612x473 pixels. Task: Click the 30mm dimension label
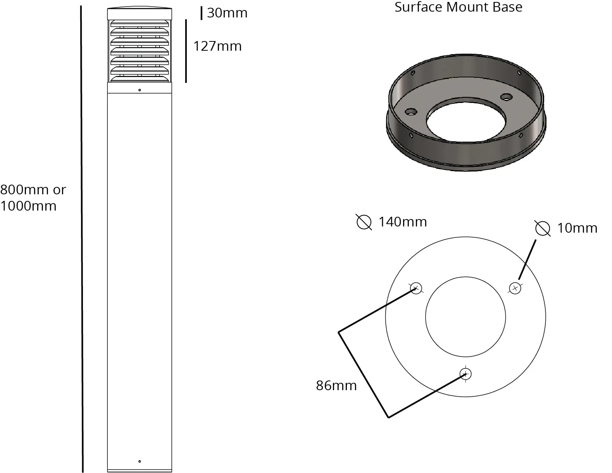tap(227, 13)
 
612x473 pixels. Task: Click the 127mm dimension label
tap(217, 46)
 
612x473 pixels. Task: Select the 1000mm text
tap(28, 206)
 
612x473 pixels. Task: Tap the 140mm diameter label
tap(403, 222)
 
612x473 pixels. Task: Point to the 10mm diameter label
tap(577, 228)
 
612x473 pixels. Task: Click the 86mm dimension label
tap(336, 386)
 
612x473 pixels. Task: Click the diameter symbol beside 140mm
tap(364, 222)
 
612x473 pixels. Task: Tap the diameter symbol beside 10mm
tap(543, 228)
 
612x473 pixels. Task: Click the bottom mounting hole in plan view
tap(465, 374)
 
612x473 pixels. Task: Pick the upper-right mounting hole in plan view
tap(515, 288)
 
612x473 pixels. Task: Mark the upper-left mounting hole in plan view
tap(415, 288)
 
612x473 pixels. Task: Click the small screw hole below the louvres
tap(140, 90)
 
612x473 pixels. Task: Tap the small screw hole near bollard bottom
tap(140, 461)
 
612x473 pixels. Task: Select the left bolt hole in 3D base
tap(411, 112)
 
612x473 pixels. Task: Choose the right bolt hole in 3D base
tap(506, 96)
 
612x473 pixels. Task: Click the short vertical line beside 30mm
tap(201, 13)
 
